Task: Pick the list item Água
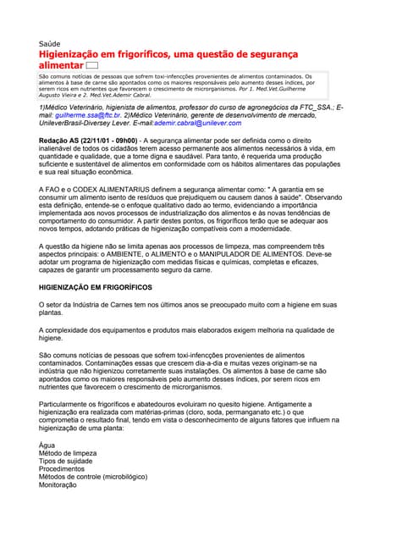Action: [x=48, y=445]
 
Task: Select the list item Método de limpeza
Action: [x=68, y=453]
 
